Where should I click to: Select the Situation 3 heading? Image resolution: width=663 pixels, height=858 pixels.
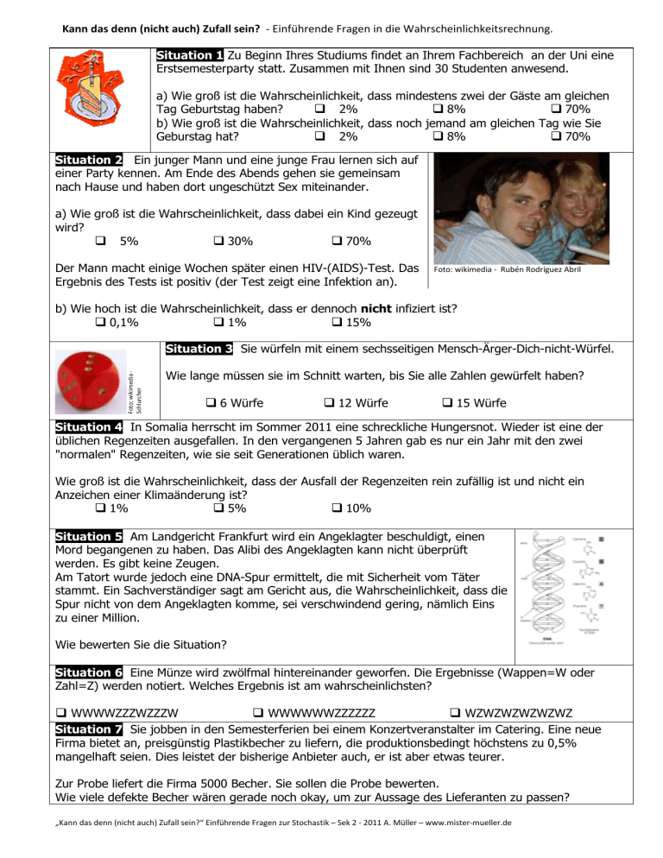coord(199,350)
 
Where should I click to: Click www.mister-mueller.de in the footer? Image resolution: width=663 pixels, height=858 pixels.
coord(469,847)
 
